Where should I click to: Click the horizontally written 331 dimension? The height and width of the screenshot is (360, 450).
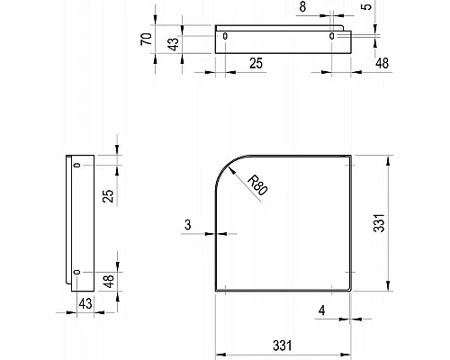point(283,345)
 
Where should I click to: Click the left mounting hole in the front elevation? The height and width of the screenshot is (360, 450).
point(226,36)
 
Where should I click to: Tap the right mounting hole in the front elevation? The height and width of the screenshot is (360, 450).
point(333,36)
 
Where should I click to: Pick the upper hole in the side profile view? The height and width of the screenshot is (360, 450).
point(77,166)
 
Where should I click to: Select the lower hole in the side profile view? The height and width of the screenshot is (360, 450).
point(77,271)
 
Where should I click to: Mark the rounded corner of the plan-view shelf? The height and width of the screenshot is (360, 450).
point(229,166)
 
